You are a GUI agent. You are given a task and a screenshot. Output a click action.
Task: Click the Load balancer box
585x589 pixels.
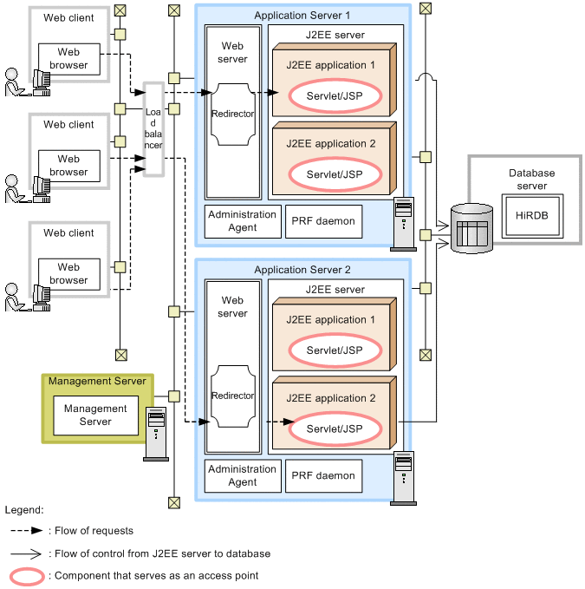[153, 128]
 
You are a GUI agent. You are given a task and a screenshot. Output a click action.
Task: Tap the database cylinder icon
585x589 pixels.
[472, 228]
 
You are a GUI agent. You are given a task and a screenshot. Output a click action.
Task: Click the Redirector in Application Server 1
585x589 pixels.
[232, 113]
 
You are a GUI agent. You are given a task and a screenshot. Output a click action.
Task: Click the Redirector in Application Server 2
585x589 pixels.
[232, 396]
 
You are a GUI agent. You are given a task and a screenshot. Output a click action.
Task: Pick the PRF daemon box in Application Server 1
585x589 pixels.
[322, 221]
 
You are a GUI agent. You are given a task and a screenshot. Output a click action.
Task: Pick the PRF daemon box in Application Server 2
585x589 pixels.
[322, 475]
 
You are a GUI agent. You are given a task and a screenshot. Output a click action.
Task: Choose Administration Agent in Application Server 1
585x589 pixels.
[243, 221]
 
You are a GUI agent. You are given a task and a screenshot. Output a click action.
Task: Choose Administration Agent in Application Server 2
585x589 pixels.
[243, 475]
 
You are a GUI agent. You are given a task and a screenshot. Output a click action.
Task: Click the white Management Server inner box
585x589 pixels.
[95, 416]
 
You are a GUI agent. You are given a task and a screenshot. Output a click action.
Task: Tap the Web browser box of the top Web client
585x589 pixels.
[68, 58]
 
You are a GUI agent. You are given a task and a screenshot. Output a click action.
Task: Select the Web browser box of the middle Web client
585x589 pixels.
[68, 166]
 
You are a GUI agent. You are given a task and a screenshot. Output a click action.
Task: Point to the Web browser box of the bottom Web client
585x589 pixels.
[68, 274]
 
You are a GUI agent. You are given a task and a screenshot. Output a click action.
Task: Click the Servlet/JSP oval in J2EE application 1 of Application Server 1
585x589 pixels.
[335, 95]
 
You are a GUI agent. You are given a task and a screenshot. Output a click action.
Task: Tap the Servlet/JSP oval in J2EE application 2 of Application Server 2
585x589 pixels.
[335, 429]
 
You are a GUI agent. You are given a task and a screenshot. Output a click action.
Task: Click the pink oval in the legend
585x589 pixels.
[27, 575]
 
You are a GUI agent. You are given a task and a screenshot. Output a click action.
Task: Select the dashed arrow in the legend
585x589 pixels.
[27, 531]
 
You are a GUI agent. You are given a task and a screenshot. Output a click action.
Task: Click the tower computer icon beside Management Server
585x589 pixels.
[155, 434]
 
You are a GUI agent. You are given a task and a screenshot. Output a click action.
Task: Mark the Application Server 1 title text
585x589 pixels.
[302, 16]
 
